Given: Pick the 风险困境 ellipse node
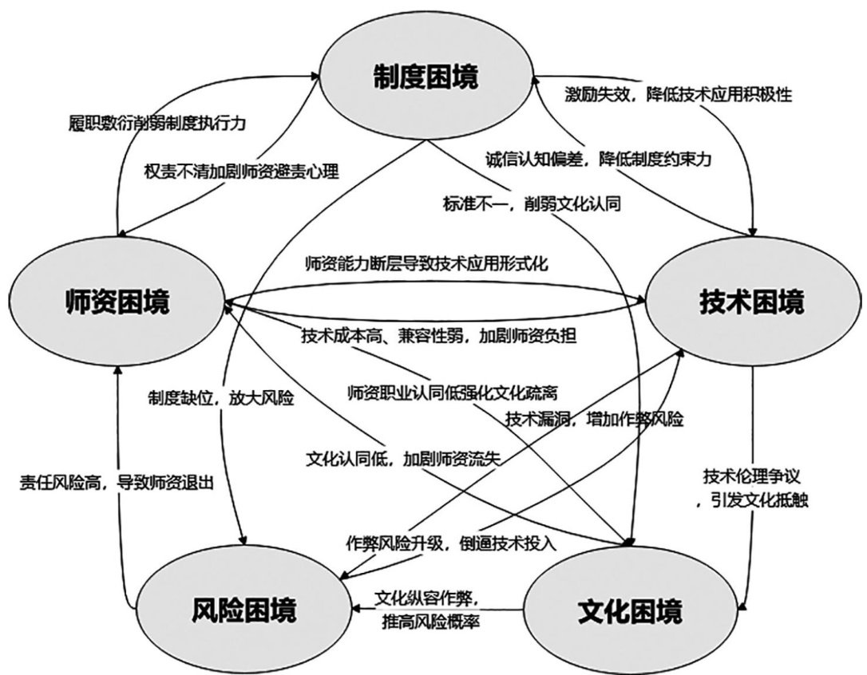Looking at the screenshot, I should point(243,610).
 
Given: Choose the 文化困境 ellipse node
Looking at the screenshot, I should point(630,612).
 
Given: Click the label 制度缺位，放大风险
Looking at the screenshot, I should point(221,396).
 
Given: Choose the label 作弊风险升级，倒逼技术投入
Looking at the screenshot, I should point(452,542).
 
